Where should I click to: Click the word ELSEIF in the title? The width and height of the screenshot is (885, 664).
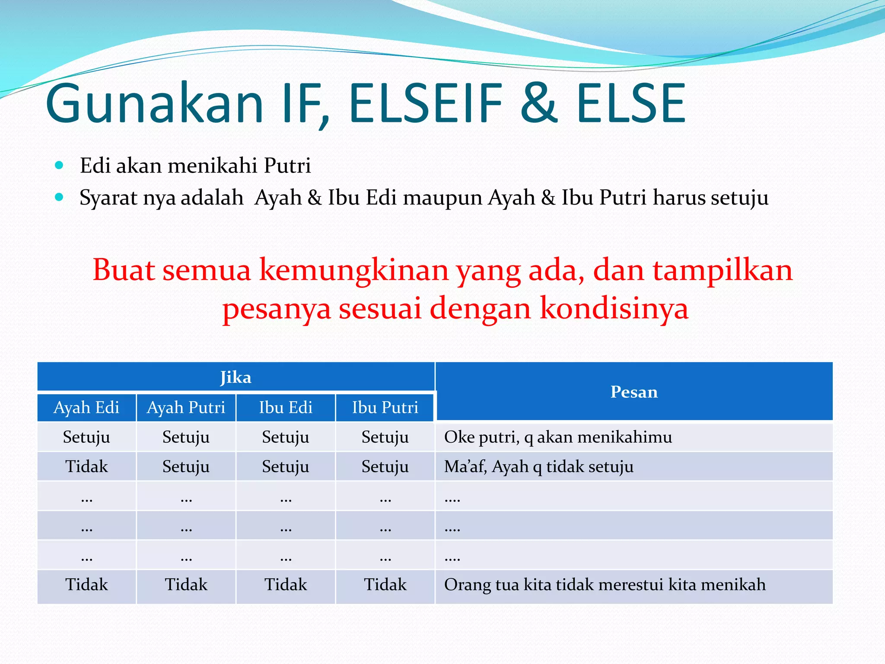tap(426, 104)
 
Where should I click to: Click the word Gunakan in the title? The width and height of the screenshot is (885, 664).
tap(154, 104)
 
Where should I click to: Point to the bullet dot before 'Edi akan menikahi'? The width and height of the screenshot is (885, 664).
tap(60, 165)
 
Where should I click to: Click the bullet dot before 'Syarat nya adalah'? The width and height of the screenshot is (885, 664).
tap(60, 198)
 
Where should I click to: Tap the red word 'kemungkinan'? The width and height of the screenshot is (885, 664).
tap(353, 270)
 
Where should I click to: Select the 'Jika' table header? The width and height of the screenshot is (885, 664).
tap(236, 377)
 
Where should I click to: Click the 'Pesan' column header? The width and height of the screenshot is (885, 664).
tap(634, 392)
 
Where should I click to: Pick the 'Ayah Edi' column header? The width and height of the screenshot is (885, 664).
tap(86, 408)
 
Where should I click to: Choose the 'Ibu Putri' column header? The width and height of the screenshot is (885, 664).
tap(385, 408)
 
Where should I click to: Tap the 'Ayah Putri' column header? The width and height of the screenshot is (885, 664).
tap(186, 408)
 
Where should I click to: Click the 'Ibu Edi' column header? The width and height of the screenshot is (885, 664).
tap(286, 408)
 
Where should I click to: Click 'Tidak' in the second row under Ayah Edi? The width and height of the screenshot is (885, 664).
tap(86, 467)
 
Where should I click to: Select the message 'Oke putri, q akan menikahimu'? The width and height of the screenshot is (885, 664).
tap(558, 437)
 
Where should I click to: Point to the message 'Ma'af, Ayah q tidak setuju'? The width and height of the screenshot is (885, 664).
tap(539, 467)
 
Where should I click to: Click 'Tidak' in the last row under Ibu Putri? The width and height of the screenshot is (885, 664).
tap(385, 585)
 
